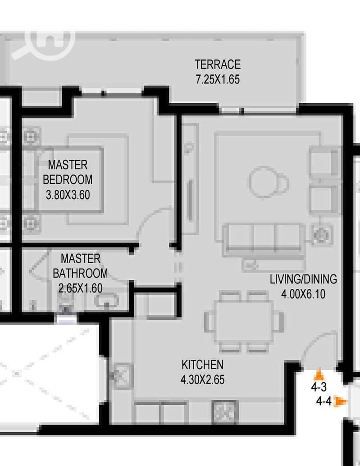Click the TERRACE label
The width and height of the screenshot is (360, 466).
coord(218,64)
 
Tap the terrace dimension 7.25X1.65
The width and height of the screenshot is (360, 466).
coord(218,79)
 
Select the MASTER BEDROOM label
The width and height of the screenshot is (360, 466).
coord(68,172)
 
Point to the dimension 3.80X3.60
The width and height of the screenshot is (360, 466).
coord(68,195)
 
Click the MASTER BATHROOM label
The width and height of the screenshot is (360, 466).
coord(80,266)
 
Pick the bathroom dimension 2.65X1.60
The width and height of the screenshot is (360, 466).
coord(80,288)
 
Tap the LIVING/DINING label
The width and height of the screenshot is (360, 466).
coord(303,279)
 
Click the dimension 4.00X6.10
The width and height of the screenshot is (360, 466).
coord(303,294)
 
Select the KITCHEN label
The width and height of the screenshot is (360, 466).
coord(202,365)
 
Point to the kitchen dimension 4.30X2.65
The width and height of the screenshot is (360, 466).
coord(202,379)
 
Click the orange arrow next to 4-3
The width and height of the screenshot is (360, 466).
coord(319,375)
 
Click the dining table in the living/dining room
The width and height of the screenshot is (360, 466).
coord(244,322)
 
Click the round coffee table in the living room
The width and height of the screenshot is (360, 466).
coord(263,182)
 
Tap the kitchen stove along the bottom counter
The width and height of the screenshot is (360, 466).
coord(225,412)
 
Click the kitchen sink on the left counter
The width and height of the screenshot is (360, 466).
coord(122,376)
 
